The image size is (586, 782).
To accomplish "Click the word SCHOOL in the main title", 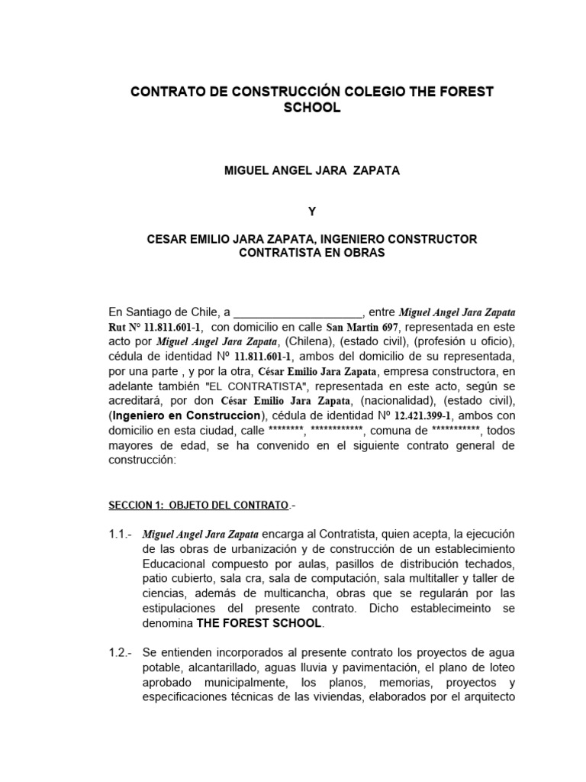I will [x=312, y=109].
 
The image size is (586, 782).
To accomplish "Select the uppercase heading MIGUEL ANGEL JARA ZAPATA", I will [x=312, y=171].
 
